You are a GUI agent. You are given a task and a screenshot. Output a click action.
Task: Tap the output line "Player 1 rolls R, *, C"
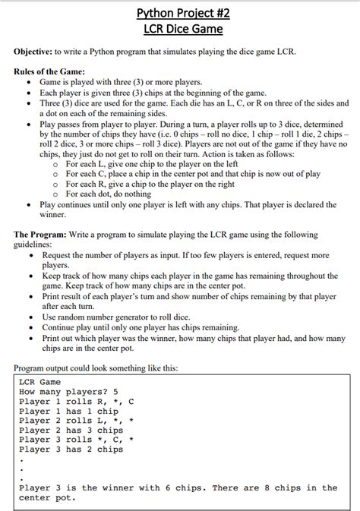point(77,402)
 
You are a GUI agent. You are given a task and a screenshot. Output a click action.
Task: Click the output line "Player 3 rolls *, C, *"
point(77,440)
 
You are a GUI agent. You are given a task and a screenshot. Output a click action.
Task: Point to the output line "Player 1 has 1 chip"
point(68,411)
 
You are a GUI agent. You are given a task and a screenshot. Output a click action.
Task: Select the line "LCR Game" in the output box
point(39,382)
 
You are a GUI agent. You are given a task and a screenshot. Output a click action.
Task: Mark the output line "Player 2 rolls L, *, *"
point(77,421)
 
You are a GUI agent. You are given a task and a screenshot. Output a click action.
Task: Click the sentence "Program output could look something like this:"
point(96,368)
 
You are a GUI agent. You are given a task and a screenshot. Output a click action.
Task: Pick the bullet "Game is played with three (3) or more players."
point(121,81)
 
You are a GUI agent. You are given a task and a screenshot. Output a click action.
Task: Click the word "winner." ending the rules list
point(53,215)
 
